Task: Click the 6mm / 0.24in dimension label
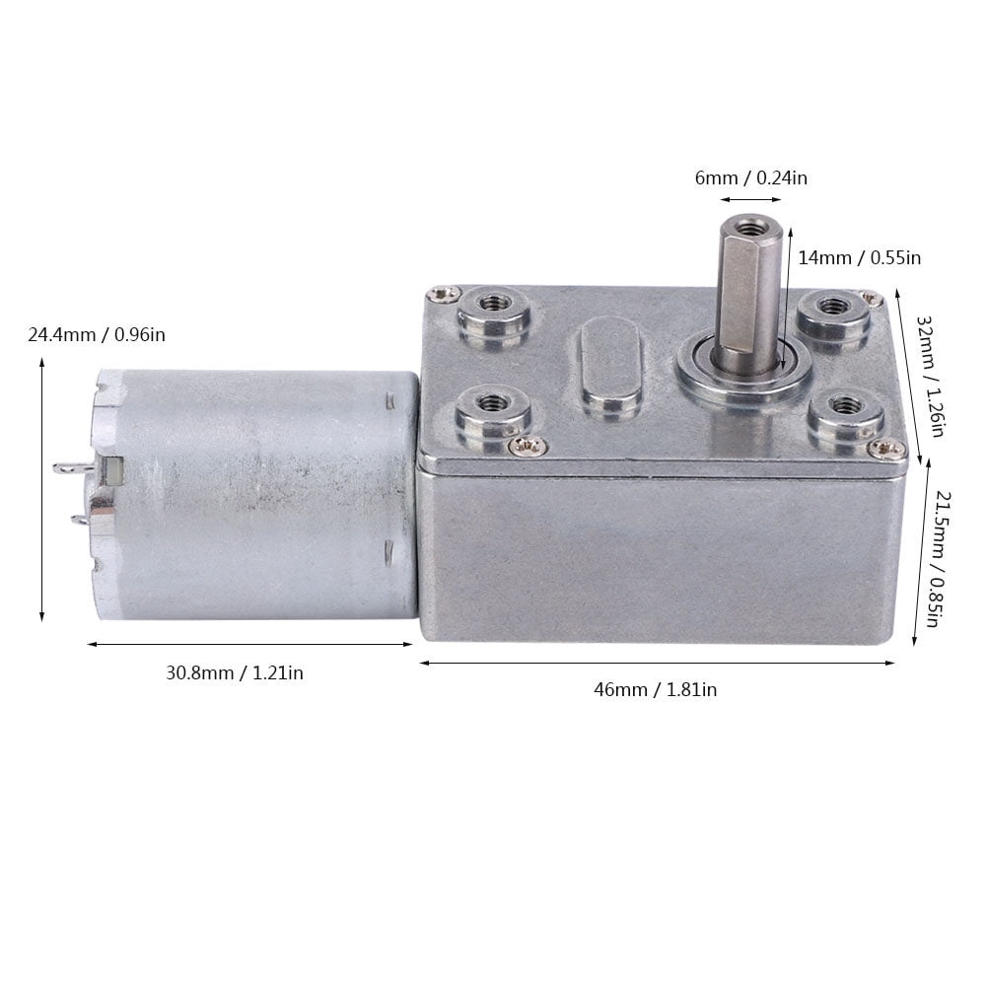[x=751, y=178]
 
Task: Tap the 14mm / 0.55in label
[x=859, y=258]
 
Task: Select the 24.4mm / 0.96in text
[x=97, y=335]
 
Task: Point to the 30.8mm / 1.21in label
[x=235, y=673]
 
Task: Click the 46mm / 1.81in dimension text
[x=656, y=690]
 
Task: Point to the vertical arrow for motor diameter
[x=41, y=490]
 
